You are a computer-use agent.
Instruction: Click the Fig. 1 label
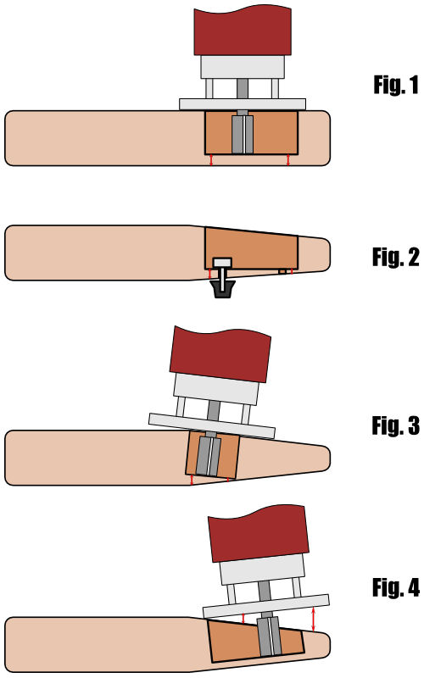coord(396,85)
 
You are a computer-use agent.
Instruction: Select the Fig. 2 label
coord(396,257)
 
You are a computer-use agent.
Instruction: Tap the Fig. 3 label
coord(396,425)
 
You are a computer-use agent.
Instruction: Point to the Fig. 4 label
coord(396,587)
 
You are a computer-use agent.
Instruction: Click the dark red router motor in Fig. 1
coord(243,31)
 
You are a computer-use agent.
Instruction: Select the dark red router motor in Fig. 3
coord(220,353)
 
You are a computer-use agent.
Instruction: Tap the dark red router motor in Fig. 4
coord(259,534)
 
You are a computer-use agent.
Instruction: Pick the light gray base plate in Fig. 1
coord(243,104)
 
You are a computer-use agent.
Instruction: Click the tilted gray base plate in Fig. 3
coord(212,425)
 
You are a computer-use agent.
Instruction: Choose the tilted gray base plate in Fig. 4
coord(266,606)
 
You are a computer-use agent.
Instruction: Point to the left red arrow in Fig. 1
coord(211,159)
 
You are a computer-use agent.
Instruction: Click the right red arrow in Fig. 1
coord(288,159)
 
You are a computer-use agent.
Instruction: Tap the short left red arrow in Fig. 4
coord(243,619)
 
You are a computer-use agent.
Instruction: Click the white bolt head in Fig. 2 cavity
coord(223,263)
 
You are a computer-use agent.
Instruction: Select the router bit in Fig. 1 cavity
coord(243,134)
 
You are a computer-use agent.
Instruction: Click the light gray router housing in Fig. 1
coord(243,67)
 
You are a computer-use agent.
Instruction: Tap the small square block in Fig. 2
coord(282,271)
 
